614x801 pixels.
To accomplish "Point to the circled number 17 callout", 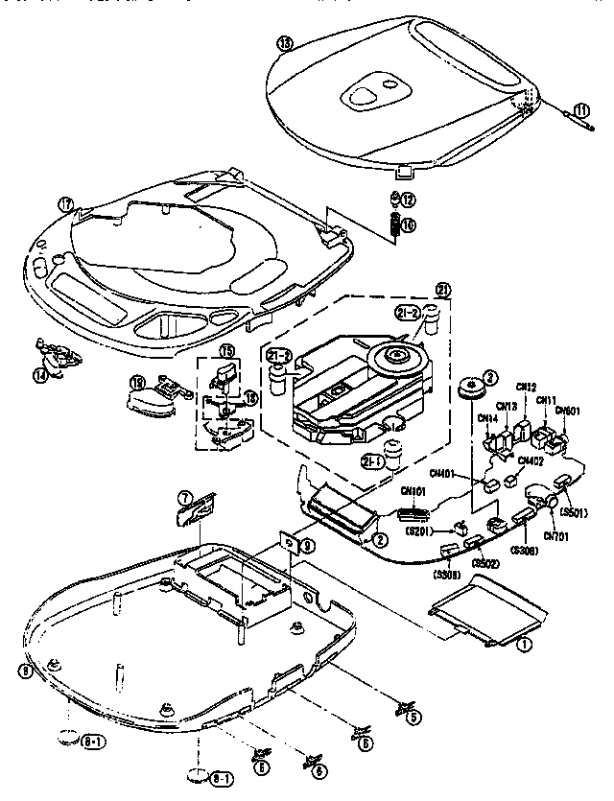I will [x=65, y=203].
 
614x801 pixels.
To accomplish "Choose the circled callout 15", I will [x=227, y=352].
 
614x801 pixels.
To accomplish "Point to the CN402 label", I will [x=532, y=461].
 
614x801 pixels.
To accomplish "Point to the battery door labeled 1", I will [x=480, y=614].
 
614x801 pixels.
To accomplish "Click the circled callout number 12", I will [x=408, y=200].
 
